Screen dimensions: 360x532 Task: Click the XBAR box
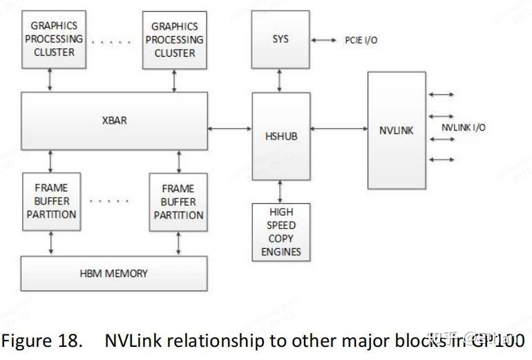(x=115, y=121)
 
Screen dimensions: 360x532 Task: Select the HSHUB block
(x=281, y=135)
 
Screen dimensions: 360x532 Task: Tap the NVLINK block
(x=397, y=129)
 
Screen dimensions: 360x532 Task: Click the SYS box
(x=281, y=39)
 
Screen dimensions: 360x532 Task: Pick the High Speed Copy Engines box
(x=281, y=232)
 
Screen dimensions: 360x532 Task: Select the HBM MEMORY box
(x=114, y=273)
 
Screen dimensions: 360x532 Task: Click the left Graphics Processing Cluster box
(x=53, y=39)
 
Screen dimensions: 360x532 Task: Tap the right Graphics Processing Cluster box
(x=174, y=39)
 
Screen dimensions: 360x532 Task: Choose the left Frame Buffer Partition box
(x=52, y=201)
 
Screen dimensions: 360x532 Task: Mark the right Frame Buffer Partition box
(x=178, y=201)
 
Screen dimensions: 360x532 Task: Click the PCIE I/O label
(x=361, y=41)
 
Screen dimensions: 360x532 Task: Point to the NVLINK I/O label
(x=463, y=127)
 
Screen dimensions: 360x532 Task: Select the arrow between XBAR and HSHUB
(x=229, y=128)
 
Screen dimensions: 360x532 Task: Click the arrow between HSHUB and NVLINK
(x=339, y=128)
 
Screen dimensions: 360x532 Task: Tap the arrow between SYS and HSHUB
(x=280, y=80)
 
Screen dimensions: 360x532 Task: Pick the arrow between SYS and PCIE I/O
(x=323, y=40)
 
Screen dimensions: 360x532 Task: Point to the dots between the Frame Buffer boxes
(x=110, y=201)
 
